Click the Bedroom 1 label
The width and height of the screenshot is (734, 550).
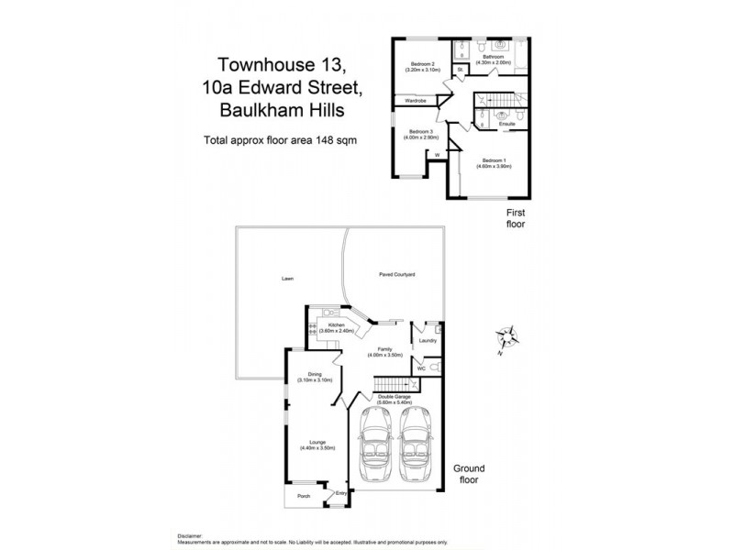493,162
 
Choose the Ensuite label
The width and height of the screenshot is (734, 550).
507,124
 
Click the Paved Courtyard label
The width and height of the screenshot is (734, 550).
397,274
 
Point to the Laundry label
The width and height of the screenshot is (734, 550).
427,342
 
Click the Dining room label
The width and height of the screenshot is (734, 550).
315,376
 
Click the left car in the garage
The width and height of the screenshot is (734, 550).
375,447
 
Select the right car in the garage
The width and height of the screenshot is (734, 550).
417,447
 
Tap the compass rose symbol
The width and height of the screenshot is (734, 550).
507,338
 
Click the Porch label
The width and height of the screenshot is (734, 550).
303,496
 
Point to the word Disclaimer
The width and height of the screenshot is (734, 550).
191,533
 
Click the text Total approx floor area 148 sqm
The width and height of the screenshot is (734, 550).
279,140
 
